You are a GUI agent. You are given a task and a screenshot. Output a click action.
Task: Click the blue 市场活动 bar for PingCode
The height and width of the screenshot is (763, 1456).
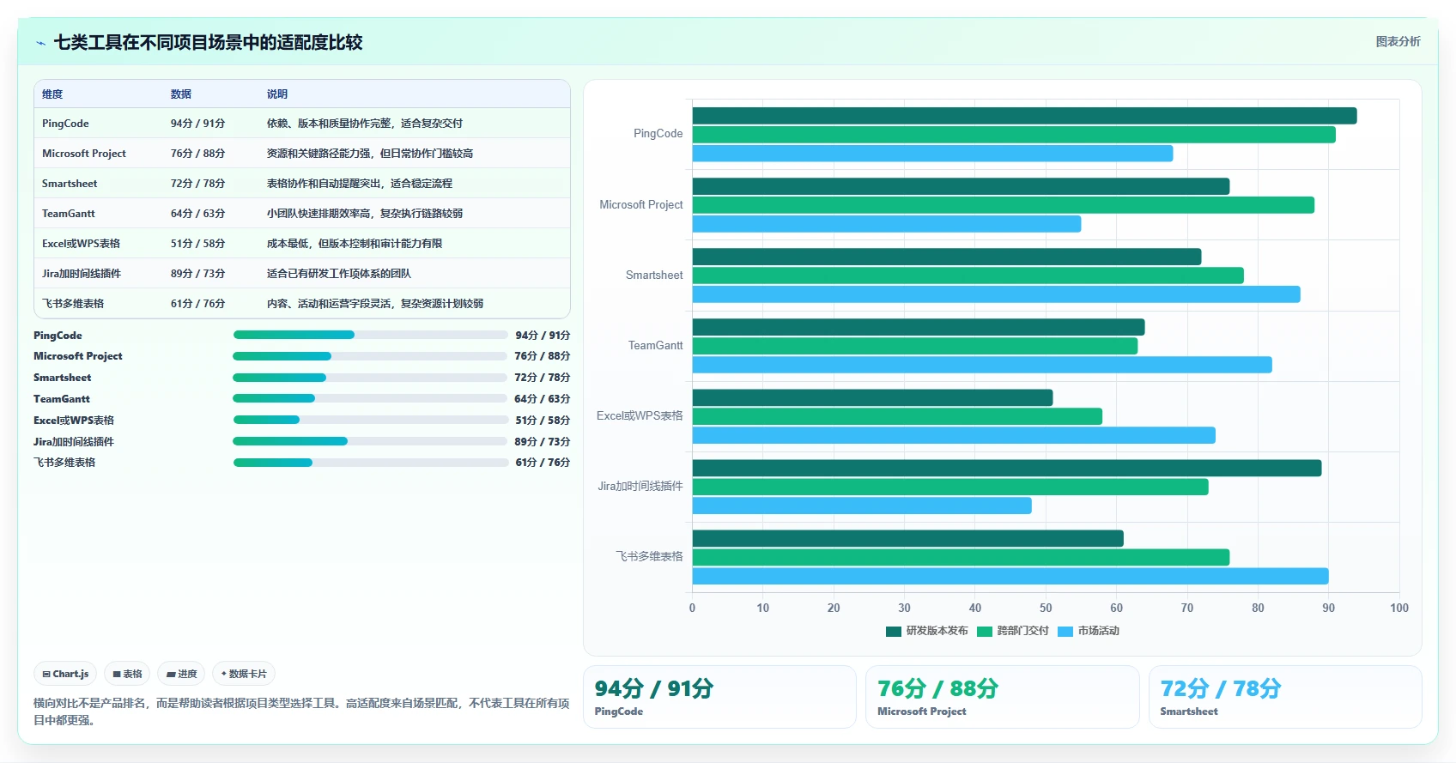point(932,154)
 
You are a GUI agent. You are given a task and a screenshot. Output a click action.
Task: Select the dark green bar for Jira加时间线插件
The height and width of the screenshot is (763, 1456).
point(1007,468)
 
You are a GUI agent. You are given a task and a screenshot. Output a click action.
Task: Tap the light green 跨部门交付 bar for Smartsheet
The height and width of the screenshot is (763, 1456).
point(968,276)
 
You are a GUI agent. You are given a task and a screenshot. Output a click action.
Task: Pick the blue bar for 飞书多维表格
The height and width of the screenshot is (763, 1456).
point(1010,576)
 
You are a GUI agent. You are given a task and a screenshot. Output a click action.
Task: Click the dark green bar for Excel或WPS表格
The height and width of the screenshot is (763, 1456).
point(872,397)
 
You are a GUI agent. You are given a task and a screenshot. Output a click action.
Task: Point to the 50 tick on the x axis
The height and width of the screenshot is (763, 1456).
point(1045,608)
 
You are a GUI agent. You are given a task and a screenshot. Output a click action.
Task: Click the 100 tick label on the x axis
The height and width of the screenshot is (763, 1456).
point(1398,608)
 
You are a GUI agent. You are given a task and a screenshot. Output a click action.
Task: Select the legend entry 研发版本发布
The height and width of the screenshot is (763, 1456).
point(926,631)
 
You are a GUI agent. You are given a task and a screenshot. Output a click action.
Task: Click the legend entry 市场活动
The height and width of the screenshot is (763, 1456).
point(1088,631)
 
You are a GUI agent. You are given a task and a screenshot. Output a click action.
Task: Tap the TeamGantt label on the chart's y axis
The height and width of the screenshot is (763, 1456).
point(655,345)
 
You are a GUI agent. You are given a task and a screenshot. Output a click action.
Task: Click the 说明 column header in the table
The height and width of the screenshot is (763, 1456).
point(277,94)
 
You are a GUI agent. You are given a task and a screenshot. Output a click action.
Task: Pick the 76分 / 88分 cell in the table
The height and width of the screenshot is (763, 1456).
point(197,154)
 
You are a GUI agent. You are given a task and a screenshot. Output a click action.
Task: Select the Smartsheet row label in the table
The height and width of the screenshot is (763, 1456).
point(70,184)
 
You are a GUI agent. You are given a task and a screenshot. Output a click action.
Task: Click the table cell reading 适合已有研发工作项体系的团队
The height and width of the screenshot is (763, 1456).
point(338,274)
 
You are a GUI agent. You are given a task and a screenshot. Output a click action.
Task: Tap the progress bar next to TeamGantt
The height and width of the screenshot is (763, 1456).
point(370,398)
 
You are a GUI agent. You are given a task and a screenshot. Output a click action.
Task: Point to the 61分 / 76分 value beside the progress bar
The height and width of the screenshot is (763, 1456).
point(542,463)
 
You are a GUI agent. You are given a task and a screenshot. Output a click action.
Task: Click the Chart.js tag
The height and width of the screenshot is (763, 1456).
point(65,674)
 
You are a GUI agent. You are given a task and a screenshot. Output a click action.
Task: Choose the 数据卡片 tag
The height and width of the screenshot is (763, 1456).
point(244,674)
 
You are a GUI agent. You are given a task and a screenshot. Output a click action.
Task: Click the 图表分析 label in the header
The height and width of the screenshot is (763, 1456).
point(1398,41)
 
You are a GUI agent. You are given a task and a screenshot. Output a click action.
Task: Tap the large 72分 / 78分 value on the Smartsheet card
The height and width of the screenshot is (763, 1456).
point(1220,688)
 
